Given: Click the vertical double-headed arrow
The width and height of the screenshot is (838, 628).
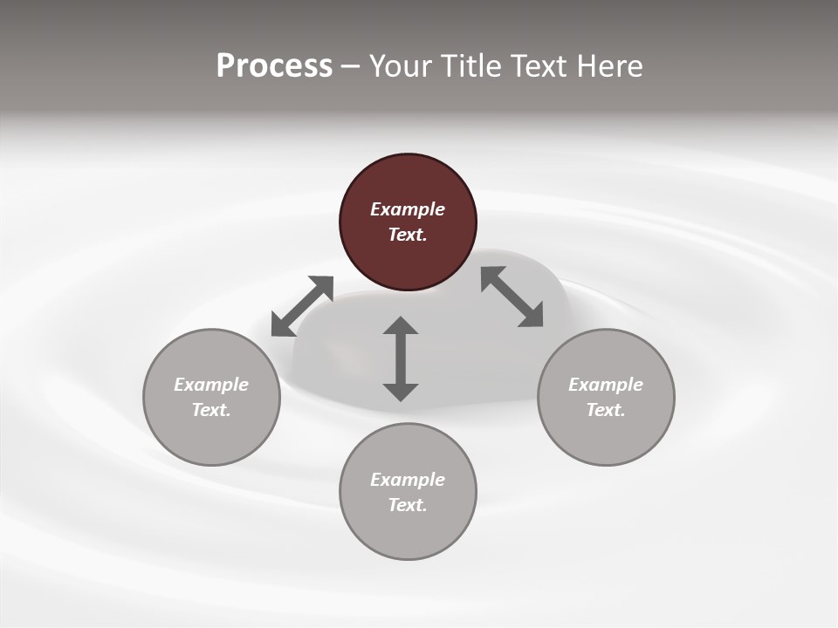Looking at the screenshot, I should [401, 359].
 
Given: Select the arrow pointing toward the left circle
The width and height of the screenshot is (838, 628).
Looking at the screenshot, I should [302, 306].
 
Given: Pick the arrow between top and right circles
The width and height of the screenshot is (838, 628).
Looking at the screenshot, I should [512, 297].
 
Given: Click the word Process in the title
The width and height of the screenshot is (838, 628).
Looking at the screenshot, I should [274, 65].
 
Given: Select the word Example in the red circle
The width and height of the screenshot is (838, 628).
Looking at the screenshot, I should [408, 209].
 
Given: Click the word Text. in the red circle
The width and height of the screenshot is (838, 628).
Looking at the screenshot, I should [408, 235].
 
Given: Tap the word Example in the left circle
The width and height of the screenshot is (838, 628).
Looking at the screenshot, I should [211, 385].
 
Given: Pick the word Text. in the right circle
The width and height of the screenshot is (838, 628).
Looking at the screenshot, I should [606, 410].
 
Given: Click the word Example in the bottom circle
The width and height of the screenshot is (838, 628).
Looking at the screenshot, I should [408, 480].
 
